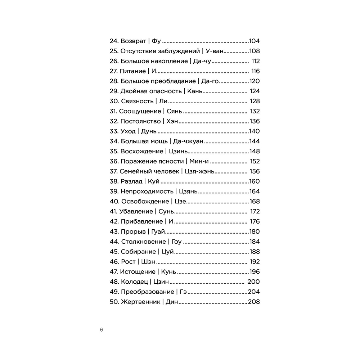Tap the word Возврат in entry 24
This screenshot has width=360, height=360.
coord(134,41)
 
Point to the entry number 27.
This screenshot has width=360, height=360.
coord(113,71)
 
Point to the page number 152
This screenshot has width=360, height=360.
coord(254,161)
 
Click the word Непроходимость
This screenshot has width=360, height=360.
coord(146,192)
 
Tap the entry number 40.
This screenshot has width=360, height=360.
coord(114,202)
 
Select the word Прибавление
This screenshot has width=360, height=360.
coord(141,222)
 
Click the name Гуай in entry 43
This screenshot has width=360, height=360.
coord(158,232)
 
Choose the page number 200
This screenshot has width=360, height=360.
coord(253,282)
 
